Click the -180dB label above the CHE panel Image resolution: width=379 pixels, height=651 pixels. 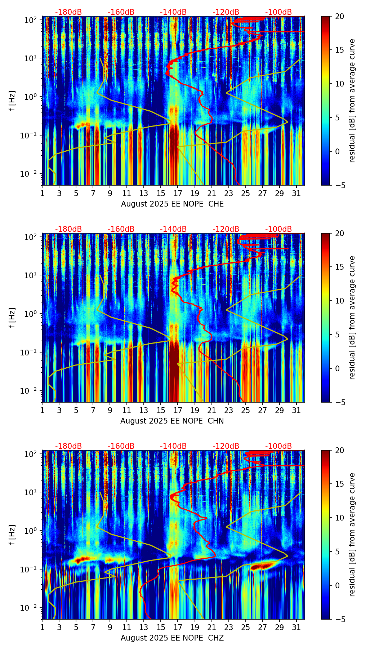point(68,12)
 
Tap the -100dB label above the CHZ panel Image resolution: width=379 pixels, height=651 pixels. point(278,446)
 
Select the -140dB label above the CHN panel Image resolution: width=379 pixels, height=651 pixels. point(173,229)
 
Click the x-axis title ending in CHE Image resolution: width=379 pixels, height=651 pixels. point(172,204)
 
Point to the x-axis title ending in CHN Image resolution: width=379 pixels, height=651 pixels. point(172,421)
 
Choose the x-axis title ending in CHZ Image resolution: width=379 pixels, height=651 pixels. point(172,638)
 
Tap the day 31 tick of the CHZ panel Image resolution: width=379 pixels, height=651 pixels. point(296,627)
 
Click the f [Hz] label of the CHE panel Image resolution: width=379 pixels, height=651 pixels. point(12,101)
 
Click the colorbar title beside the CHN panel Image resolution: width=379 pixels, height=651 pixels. point(352,318)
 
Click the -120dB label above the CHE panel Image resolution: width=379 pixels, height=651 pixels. point(226,12)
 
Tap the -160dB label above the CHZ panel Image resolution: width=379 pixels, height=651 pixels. point(121,446)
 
